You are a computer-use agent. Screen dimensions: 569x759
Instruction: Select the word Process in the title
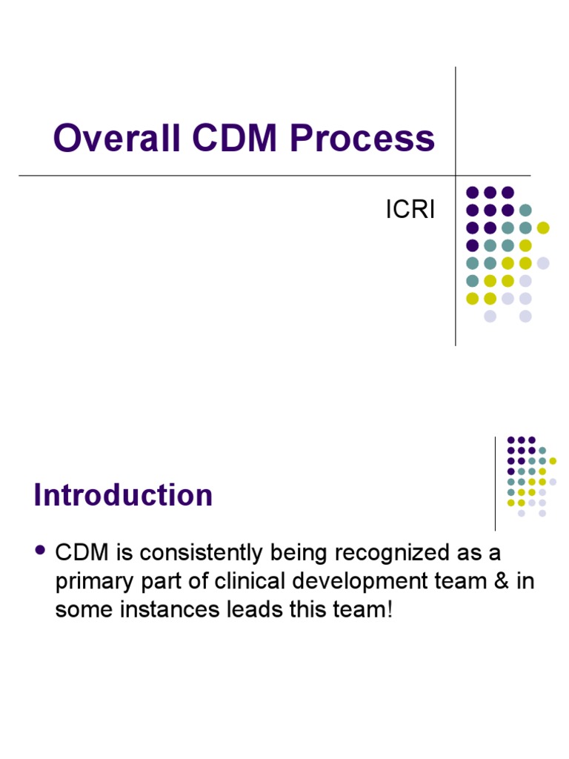click(x=363, y=139)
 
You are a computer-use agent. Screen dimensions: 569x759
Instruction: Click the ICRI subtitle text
click(x=410, y=211)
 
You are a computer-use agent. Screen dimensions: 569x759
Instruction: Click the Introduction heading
click(x=123, y=495)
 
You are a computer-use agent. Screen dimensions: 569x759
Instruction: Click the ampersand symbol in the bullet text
click(x=495, y=582)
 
